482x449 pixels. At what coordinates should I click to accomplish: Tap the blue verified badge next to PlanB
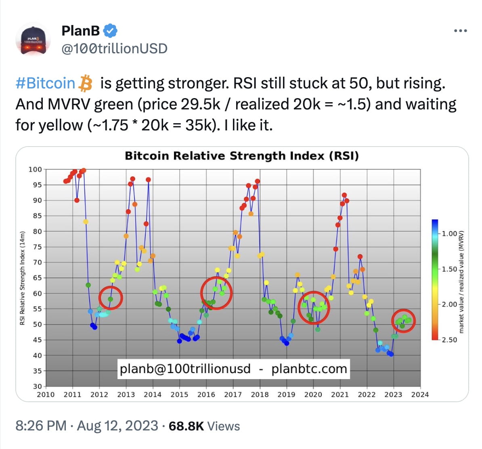pos(110,30)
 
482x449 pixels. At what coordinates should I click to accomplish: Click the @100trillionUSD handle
pos(114,48)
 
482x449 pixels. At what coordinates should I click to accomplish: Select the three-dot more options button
pos(460,31)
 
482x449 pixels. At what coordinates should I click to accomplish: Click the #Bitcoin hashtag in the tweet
pos(45,83)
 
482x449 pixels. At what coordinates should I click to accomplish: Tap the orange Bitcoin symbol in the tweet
pos(85,83)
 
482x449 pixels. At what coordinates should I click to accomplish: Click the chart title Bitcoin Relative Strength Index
pos(241,156)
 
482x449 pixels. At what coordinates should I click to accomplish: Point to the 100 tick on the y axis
pos(35,169)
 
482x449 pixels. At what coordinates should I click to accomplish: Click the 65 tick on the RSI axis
pos(37,278)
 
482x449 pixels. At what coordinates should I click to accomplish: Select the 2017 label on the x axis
pos(233,394)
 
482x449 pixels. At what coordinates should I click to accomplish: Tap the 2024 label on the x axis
pos(420,394)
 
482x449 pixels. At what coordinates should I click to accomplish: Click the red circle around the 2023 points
pos(404,321)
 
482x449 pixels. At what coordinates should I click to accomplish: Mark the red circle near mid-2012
pos(111,298)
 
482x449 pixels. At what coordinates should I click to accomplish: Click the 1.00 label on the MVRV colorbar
pos(449,234)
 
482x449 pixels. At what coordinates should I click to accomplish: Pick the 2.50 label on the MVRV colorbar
pos(449,340)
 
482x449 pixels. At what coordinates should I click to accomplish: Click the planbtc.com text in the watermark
pos(309,369)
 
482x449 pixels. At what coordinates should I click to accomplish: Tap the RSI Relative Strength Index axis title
pos(23,278)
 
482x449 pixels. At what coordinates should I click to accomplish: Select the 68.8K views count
pos(186,426)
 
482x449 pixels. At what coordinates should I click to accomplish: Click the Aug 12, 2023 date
pos(117,426)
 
